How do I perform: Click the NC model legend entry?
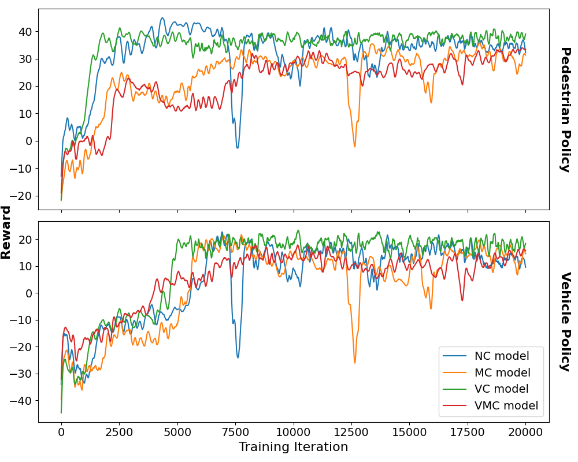(501, 356)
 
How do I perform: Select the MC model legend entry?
(502, 372)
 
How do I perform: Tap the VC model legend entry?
(501, 389)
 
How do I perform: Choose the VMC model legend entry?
(506, 406)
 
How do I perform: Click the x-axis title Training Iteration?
(293, 447)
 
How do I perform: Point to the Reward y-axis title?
(6, 232)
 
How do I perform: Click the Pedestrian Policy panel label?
(565, 110)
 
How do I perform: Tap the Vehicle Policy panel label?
(565, 322)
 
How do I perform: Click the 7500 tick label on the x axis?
(235, 433)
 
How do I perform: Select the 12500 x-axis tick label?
(351, 433)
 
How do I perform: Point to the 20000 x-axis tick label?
(525, 433)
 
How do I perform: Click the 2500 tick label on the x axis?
(119, 433)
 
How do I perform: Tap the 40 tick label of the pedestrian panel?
(25, 31)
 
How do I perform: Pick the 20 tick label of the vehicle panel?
(25, 239)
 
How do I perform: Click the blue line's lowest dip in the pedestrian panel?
(237, 148)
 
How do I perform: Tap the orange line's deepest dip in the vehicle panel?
(354, 363)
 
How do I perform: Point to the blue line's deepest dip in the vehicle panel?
(238, 357)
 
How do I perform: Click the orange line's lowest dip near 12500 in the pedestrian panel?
(355, 146)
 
